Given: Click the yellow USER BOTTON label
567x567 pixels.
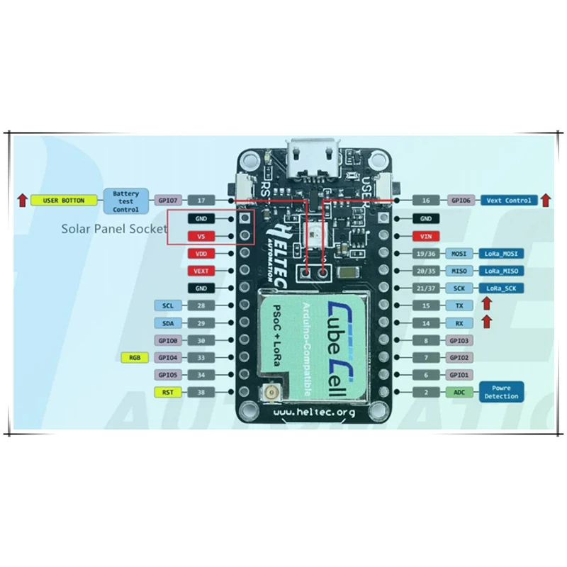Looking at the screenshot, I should (63, 201).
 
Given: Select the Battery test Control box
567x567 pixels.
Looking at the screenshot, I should (125, 201).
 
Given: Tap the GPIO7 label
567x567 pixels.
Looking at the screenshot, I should (168, 201).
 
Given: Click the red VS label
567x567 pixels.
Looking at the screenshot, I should (201, 235).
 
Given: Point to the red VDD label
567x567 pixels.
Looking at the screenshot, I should (201, 253).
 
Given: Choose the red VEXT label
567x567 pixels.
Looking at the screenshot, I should (201, 271).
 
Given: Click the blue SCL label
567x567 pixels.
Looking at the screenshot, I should (168, 305).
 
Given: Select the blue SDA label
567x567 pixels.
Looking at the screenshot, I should (168, 322).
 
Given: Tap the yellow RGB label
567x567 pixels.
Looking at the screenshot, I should (134, 357).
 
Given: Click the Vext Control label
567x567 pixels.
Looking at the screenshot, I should (509, 201).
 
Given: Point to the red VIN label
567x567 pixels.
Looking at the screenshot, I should (425, 236).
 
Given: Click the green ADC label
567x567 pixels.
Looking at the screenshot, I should (456, 392).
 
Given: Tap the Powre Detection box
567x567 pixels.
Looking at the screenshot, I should (502, 392).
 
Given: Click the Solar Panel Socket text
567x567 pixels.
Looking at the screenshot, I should (113, 228).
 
